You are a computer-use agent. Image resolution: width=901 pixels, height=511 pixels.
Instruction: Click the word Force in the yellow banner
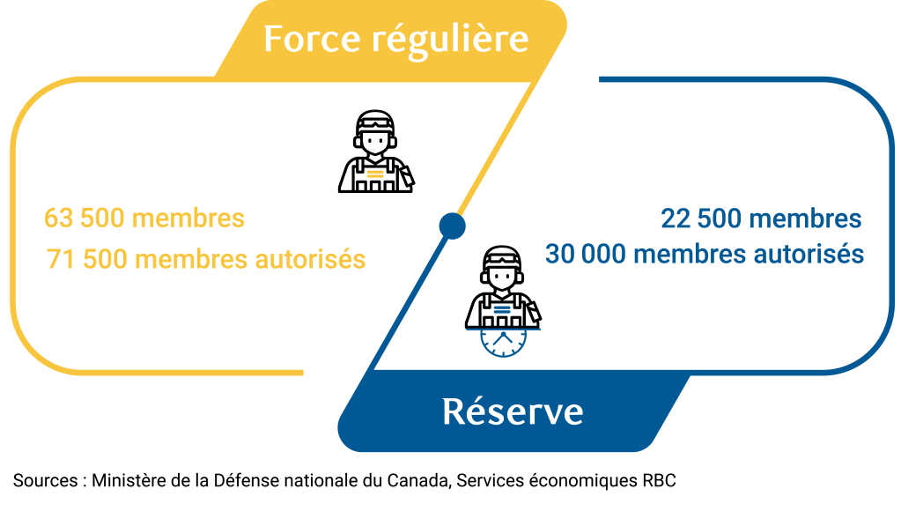click(309, 39)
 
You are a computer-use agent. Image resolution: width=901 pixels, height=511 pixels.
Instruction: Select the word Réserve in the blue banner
click(512, 411)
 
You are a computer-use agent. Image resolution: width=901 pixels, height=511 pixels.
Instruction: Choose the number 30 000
click(584, 254)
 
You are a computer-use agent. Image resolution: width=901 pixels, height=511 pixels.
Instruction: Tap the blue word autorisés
click(809, 254)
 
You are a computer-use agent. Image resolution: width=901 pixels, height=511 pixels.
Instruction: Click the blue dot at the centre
click(452, 226)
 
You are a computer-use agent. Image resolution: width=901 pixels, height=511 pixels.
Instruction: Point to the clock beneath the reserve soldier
click(502, 341)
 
